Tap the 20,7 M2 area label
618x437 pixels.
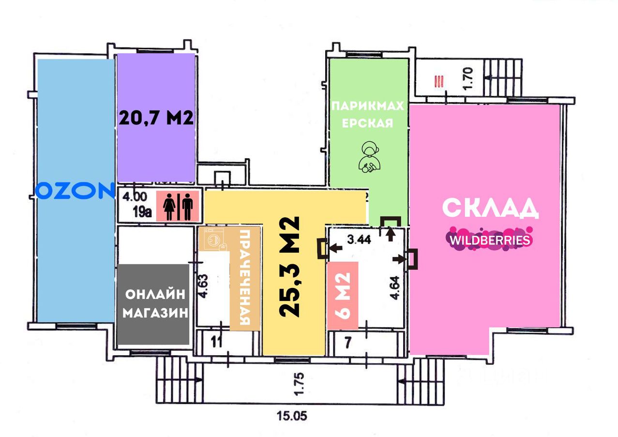pos(156,118)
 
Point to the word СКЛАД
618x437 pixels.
pos(490,208)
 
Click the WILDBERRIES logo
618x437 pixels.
pos(490,240)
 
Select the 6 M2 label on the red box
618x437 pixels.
pos(343,296)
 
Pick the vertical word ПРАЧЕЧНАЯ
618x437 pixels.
pos(245,278)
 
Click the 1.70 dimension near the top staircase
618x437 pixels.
pos(467,78)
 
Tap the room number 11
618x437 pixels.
pos(217,343)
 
